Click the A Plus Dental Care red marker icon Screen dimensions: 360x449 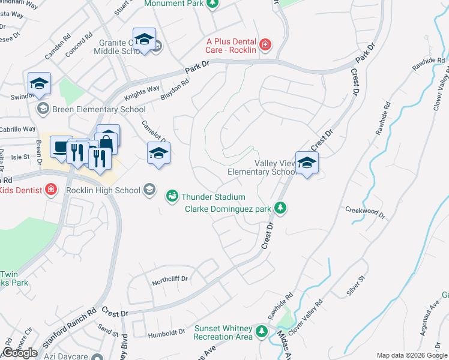point(265,44)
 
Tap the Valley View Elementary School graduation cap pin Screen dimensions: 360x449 point(307,163)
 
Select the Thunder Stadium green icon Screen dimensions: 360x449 point(172,196)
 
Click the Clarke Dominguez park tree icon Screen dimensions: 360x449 point(280,208)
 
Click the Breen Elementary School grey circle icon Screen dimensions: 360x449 point(43,109)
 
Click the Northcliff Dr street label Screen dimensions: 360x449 point(170,279)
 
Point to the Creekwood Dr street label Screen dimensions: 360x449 point(364,210)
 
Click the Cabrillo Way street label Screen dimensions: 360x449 point(18,129)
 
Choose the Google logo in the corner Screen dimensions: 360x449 point(20,353)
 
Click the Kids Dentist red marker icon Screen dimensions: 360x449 point(52,190)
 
